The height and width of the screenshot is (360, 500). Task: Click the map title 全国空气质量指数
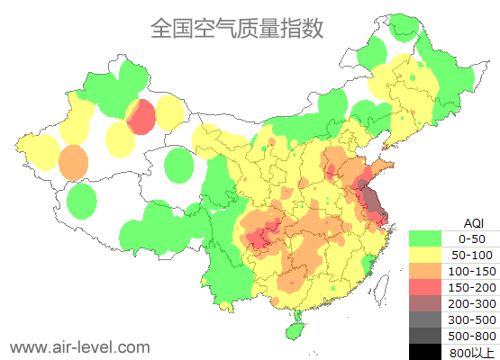tap(236, 29)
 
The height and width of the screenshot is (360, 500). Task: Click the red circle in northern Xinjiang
tap(141, 117)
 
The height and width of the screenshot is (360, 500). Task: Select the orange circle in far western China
tap(73, 163)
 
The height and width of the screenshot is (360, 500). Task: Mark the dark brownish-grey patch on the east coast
tap(369, 198)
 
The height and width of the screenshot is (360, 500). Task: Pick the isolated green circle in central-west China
tap(180, 166)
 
